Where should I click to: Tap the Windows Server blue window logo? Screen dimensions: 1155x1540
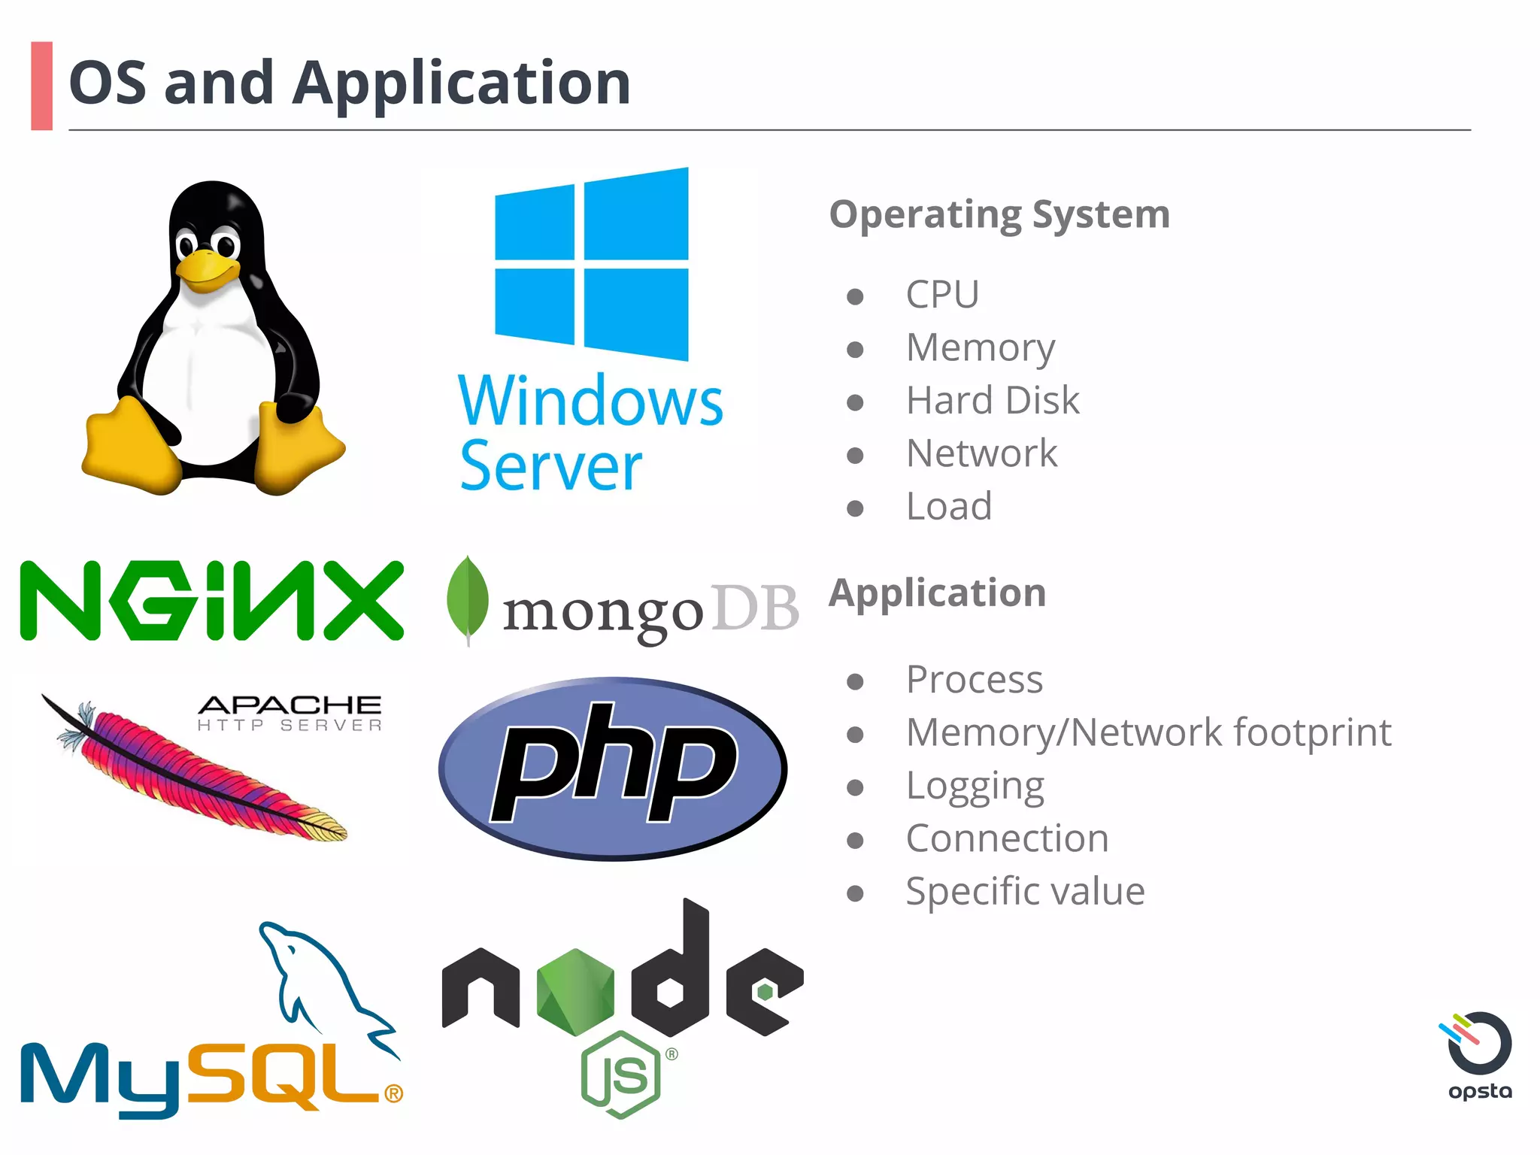click(591, 264)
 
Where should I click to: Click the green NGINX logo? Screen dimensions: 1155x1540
click(211, 600)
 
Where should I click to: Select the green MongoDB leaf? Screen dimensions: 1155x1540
click(467, 599)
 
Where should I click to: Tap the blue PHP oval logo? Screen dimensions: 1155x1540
click(612, 768)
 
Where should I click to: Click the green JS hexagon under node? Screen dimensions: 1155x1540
click(621, 1075)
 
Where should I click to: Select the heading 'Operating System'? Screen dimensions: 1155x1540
click(999, 215)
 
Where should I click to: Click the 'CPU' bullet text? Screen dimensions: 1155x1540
click(942, 294)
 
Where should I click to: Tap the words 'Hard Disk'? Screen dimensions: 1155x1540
click(993, 400)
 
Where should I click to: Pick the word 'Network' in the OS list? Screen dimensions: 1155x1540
click(981, 453)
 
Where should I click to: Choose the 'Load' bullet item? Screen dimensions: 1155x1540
click(949, 506)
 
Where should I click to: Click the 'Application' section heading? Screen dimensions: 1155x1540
click(938, 593)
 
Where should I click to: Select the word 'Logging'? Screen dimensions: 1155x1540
click(975, 787)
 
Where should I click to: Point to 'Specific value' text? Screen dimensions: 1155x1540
click(1025, 892)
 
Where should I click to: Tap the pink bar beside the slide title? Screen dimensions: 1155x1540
click(42, 86)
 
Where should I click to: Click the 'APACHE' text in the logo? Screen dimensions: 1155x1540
click(290, 705)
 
